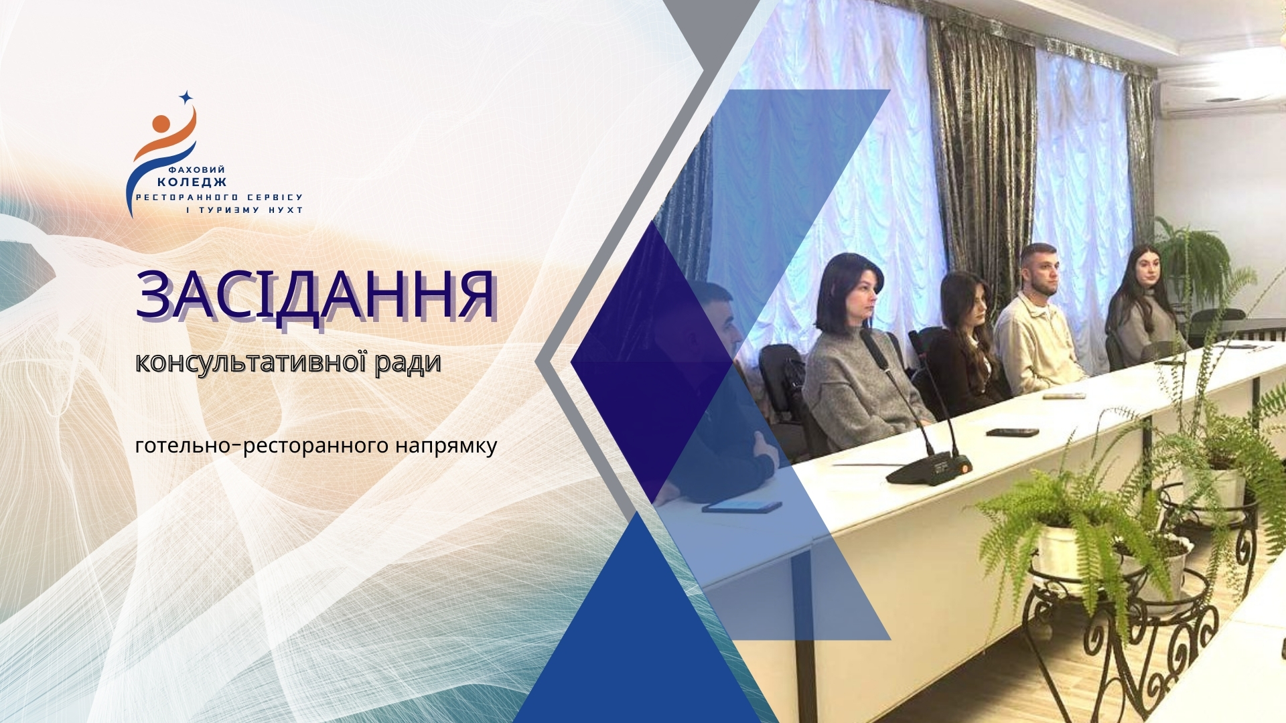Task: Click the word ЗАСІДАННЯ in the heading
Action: point(315,295)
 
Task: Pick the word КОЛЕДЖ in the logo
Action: point(192,182)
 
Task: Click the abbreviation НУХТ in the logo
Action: point(285,210)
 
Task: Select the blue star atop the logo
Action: point(186,98)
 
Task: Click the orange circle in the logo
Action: point(161,124)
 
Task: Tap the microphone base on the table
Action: point(928,468)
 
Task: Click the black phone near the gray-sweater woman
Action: point(1012,432)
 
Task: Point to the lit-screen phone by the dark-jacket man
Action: point(741,506)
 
